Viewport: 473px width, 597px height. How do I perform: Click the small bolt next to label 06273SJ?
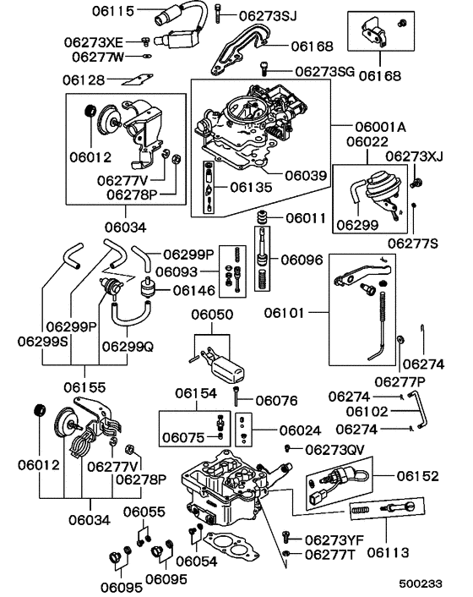[x=220, y=12]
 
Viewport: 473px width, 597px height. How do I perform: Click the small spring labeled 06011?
[x=263, y=217]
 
